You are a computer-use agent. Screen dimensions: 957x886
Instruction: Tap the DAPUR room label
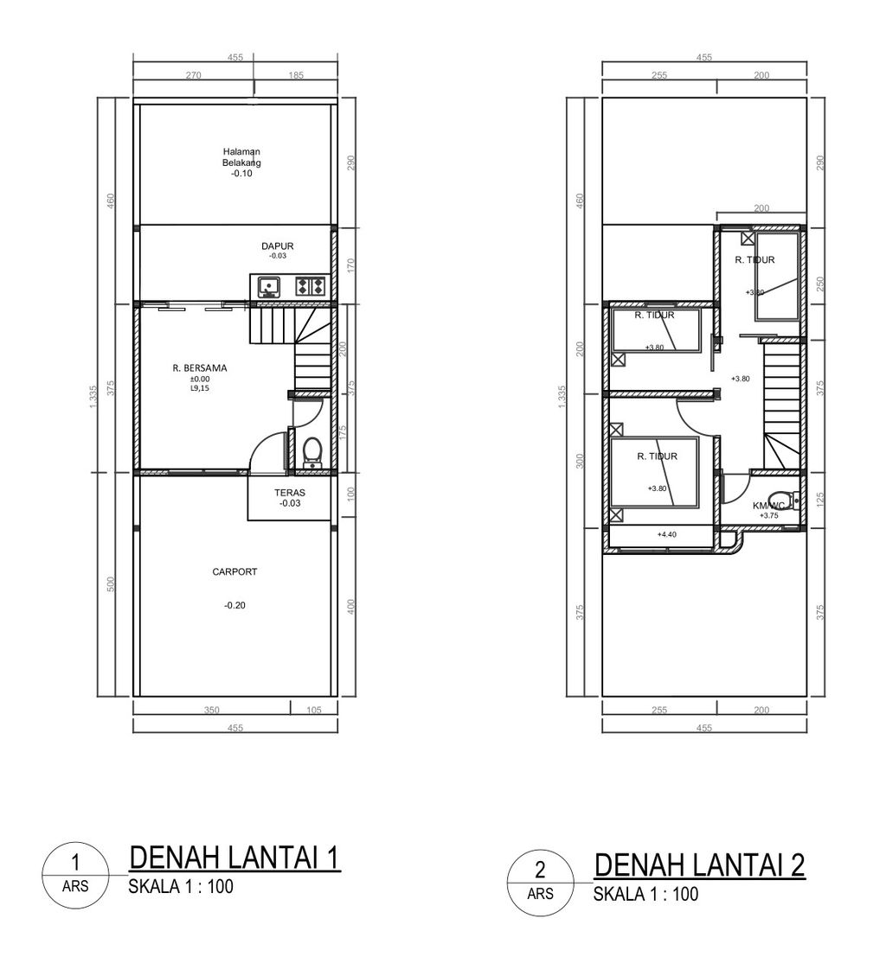[278, 246]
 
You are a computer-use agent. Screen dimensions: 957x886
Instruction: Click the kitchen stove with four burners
[310, 285]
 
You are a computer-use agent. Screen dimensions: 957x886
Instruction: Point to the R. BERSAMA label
[200, 368]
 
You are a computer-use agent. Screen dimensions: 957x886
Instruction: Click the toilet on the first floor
[312, 451]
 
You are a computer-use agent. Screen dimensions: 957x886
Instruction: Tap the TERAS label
[290, 493]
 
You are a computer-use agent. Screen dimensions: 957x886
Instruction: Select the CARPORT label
[234, 571]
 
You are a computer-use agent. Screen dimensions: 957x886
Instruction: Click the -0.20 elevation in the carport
[234, 605]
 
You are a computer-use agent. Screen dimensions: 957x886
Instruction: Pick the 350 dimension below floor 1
[211, 710]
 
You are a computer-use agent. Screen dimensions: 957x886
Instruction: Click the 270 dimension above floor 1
[193, 76]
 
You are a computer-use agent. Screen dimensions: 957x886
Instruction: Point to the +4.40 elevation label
[665, 534]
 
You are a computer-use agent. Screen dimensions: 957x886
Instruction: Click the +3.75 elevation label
[768, 515]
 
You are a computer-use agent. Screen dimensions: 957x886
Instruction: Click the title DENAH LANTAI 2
[700, 864]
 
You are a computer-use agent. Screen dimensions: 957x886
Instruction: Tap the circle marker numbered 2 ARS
[540, 881]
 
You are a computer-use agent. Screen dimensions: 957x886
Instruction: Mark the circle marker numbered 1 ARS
[75, 874]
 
